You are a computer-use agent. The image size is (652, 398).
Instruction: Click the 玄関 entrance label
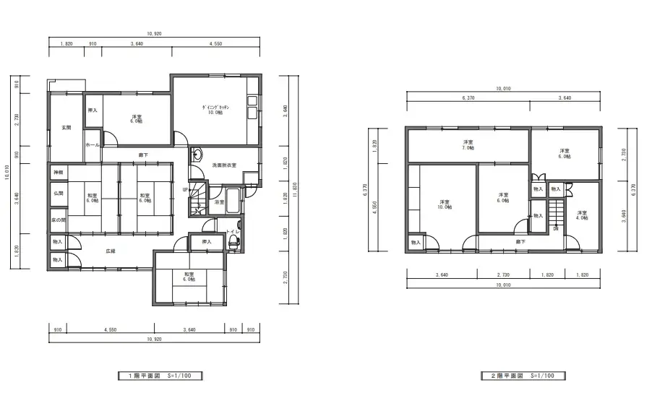[x=66, y=127]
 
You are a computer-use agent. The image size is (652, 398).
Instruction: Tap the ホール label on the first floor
[x=92, y=144]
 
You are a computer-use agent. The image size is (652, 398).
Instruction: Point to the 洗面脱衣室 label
[x=224, y=166]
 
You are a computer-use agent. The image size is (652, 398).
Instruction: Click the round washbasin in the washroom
[x=197, y=155]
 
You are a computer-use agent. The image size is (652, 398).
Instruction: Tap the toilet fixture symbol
[x=233, y=243]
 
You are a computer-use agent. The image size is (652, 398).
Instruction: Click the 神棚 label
[x=58, y=173]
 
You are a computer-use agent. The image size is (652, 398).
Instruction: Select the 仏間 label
[x=58, y=194]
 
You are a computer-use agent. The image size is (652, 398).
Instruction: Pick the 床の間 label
[x=58, y=220]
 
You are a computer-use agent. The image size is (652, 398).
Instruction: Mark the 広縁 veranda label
[x=111, y=251]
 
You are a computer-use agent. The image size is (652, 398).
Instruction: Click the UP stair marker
[x=185, y=190]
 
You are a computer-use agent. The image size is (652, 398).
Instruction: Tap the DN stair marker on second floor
[x=555, y=228]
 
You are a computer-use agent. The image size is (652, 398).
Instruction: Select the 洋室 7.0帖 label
[x=468, y=145]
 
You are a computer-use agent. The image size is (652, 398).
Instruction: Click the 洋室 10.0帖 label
[x=445, y=204]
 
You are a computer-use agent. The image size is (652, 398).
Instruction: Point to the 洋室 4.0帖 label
[x=582, y=216]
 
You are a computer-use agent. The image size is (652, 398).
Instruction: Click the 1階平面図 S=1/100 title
[x=160, y=376]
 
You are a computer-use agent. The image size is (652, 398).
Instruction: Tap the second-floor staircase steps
[x=555, y=214]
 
